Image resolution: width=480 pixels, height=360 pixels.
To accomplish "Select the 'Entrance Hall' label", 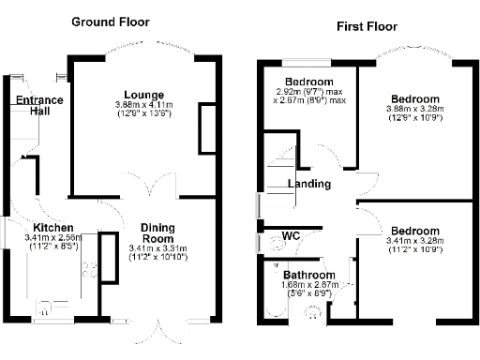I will pos(38,106).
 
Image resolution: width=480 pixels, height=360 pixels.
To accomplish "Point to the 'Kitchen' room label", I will pos(53,228).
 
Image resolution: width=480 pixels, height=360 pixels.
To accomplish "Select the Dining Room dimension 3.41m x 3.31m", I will pos(157,248).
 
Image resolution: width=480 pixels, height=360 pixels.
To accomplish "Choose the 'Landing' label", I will pos(308,184).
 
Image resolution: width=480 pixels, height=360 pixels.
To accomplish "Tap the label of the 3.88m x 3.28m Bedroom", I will pos(414,98).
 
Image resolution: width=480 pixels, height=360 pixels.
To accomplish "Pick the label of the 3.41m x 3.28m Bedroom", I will pos(414,231).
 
